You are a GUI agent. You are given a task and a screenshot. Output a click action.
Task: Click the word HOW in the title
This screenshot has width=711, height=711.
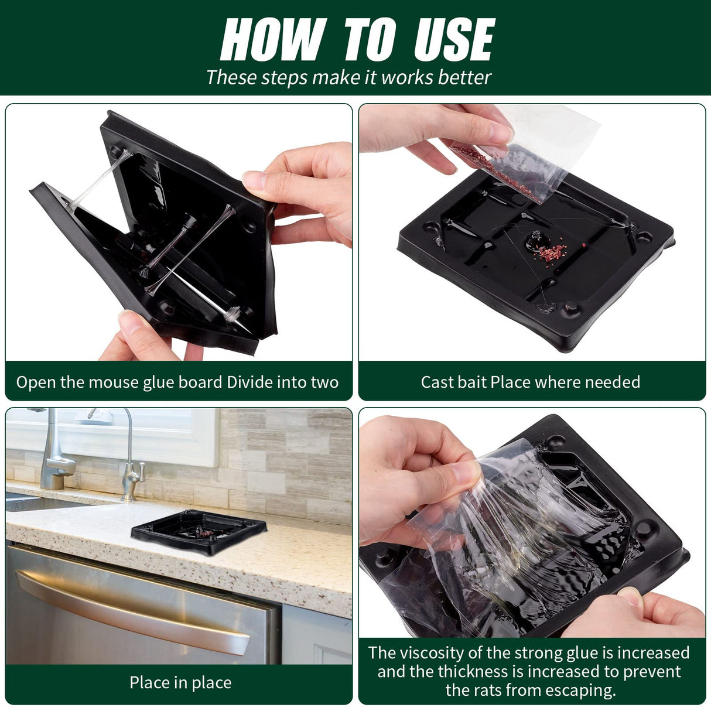click(274, 39)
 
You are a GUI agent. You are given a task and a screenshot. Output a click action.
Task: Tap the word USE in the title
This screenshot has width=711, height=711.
click(454, 39)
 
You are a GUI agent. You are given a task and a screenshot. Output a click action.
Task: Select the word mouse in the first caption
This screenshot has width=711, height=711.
click(114, 382)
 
